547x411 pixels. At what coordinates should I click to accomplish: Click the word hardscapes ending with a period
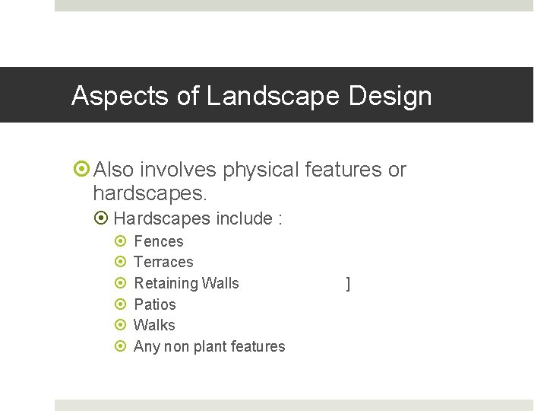(x=150, y=194)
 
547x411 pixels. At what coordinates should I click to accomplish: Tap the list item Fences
(x=158, y=241)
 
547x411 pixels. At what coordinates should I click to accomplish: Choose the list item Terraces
(x=163, y=262)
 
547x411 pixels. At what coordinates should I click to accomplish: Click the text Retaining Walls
(x=186, y=283)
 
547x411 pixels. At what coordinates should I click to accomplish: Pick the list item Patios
(x=154, y=304)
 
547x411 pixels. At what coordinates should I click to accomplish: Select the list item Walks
(x=154, y=325)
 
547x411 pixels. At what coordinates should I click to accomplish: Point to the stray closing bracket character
(x=348, y=284)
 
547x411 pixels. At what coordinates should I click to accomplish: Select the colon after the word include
(x=280, y=220)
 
